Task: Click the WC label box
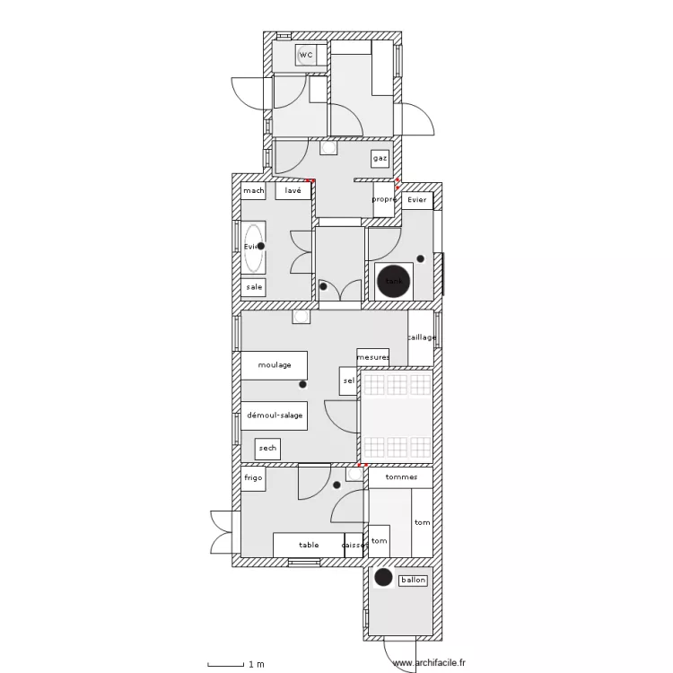pyautogui.click(x=306, y=56)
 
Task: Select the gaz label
pyautogui.click(x=380, y=158)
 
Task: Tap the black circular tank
pyautogui.click(x=393, y=282)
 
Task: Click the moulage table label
pyautogui.click(x=274, y=365)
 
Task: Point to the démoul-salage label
pyautogui.click(x=274, y=415)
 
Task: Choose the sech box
pyautogui.click(x=267, y=448)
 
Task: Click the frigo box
pyautogui.click(x=253, y=478)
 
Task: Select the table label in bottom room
pyautogui.click(x=309, y=545)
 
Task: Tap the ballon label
pyautogui.click(x=414, y=580)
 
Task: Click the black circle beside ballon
pyautogui.click(x=384, y=578)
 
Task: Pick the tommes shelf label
pyautogui.click(x=400, y=477)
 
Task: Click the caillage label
pyautogui.click(x=421, y=338)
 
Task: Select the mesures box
pyautogui.click(x=372, y=357)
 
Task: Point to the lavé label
pyautogui.click(x=293, y=191)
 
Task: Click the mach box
pyautogui.click(x=253, y=191)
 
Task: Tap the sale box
pyautogui.click(x=254, y=287)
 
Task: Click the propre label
pyautogui.click(x=384, y=199)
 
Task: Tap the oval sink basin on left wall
pyautogui.click(x=254, y=247)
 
